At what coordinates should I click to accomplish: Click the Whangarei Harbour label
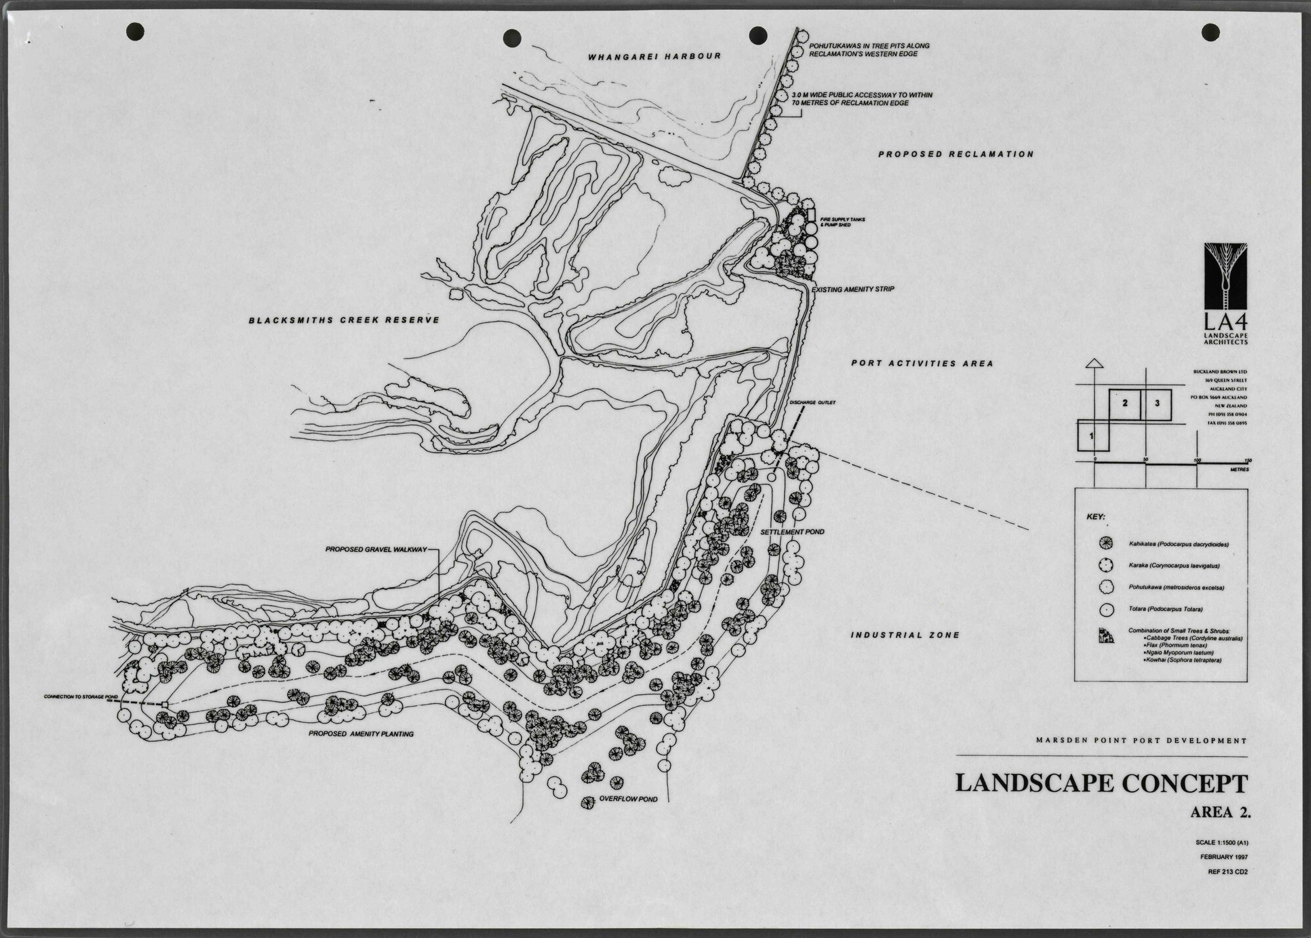[655, 56]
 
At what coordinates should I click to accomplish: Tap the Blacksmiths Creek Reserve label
[343, 321]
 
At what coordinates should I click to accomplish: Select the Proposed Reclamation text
[956, 154]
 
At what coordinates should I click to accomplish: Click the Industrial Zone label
[905, 635]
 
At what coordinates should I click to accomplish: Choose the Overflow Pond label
[628, 800]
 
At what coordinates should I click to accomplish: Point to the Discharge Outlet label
[813, 403]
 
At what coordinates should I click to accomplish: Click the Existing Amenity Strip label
[853, 289]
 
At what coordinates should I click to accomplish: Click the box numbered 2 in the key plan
[1124, 403]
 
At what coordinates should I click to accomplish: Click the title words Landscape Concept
[1100, 783]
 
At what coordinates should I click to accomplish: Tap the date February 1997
[1224, 857]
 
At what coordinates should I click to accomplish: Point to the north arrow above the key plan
[1093, 363]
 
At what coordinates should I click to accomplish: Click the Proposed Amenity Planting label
[361, 734]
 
